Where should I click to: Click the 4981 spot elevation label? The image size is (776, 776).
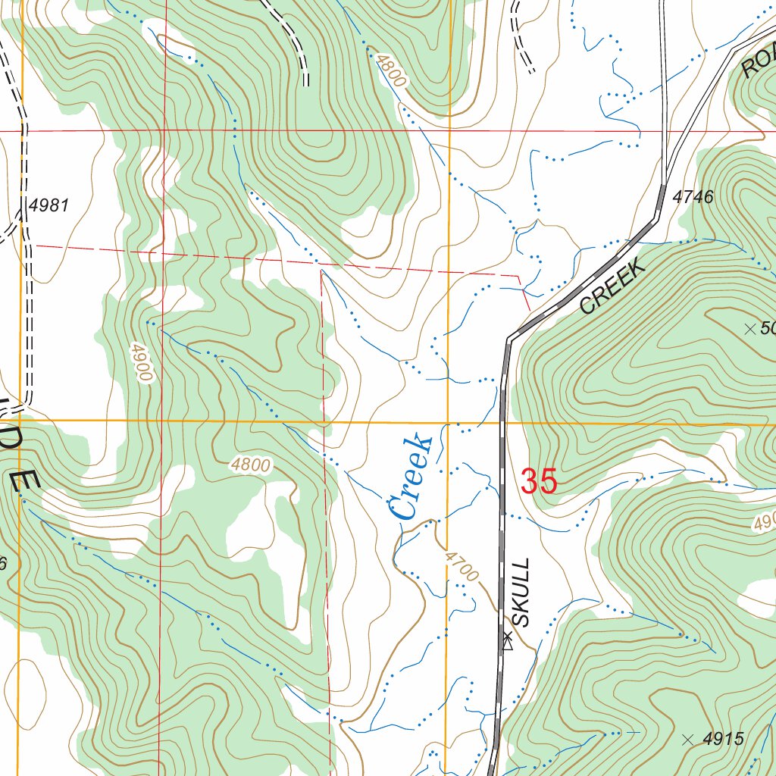click(50, 205)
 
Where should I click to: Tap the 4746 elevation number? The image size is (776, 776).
click(693, 197)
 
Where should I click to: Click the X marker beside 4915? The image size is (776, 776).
click(687, 740)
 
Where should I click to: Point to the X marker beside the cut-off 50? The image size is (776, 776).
click(750, 328)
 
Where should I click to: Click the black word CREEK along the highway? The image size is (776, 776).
click(612, 286)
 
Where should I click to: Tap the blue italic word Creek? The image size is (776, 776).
click(409, 477)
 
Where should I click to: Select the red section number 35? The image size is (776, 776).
click(539, 481)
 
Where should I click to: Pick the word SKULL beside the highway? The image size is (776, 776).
click(522, 593)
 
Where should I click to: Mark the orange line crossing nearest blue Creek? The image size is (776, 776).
click(449, 423)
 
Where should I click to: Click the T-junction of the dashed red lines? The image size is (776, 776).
click(322, 268)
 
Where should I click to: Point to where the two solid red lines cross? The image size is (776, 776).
click(163, 130)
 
